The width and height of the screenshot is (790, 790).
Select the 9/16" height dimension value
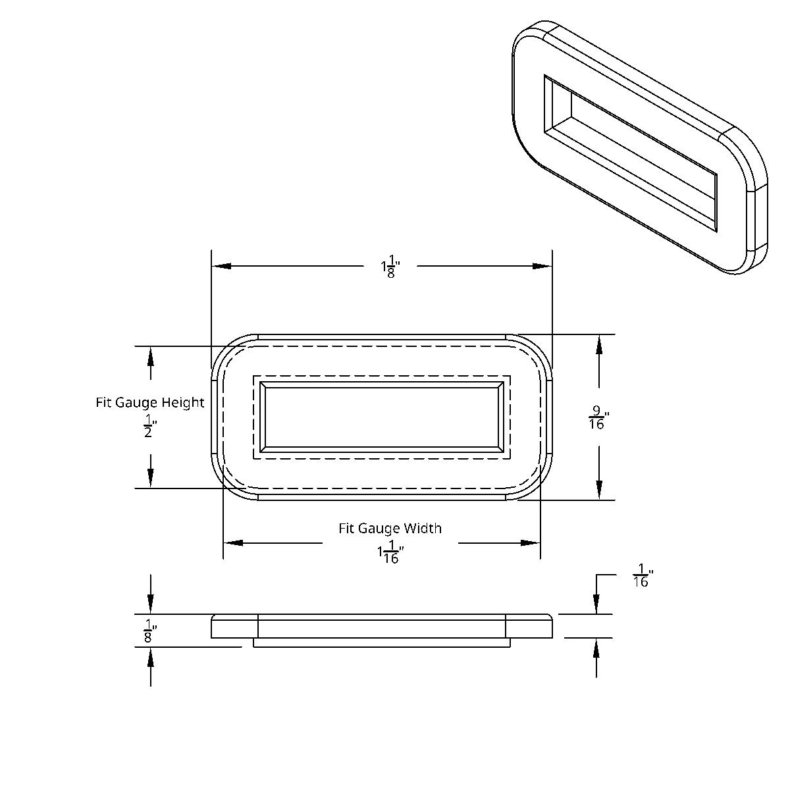[598, 419]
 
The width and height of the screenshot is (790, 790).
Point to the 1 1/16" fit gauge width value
[390, 552]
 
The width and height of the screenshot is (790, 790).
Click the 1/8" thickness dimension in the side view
[149, 631]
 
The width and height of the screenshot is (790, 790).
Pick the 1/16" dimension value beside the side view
[641, 575]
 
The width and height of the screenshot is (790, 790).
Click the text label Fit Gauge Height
[150, 402]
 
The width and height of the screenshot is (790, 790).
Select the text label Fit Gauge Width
[390, 528]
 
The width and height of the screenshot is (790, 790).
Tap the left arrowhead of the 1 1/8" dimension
[221, 267]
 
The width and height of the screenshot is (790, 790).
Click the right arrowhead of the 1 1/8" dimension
[542, 267]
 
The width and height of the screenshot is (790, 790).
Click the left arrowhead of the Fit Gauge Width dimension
[233, 543]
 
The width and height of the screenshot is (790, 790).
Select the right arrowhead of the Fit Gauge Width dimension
[531, 543]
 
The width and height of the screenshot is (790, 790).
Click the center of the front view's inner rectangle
[382, 417]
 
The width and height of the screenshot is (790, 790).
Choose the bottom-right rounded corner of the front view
[537, 485]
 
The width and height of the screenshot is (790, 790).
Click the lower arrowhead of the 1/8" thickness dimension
[151, 656]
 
